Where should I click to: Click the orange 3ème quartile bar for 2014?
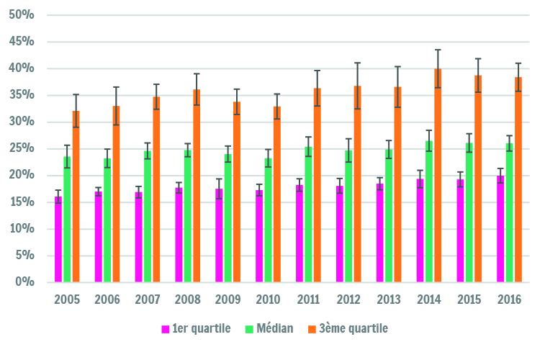[438, 176]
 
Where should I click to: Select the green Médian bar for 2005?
[67, 220]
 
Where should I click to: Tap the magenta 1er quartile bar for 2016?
[500, 229]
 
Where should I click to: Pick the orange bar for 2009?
[237, 192]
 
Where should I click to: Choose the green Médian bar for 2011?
[308, 215]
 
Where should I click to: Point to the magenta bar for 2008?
[179, 235]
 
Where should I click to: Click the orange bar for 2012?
[358, 184]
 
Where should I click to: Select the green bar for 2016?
[510, 212]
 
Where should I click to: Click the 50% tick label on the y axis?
[22, 14]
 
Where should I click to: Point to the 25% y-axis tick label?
[22, 148]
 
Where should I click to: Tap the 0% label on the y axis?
[24, 282]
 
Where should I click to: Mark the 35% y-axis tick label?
[22, 94]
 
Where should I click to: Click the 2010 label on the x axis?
[268, 300]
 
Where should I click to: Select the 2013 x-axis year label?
[389, 300]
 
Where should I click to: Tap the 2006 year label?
[107, 300]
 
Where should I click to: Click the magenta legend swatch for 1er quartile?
[166, 329]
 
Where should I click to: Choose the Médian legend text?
[274, 328]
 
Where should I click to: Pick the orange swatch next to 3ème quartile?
[312, 329]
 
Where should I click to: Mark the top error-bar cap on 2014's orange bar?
[438, 50]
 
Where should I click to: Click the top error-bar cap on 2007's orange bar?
[156, 84]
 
